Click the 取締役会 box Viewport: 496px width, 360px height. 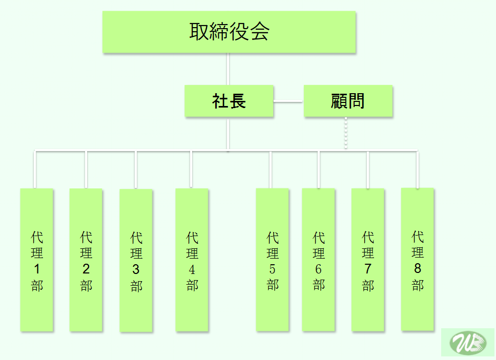[x=229, y=32]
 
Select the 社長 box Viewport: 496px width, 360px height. [x=229, y=101]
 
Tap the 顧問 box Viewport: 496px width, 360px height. [x=348, y=101]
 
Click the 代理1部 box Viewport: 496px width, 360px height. [x=37, y=260]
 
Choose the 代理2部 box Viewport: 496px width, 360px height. [x=86, y=260]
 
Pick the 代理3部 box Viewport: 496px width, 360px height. [x=136, y=260]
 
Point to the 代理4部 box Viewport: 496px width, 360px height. [x=192, y=260]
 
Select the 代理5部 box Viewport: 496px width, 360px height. [x=272, y=260]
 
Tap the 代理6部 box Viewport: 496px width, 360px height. [x=318, y=260]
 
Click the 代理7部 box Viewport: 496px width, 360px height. [x=368, y=260]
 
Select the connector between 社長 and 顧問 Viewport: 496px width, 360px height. [x=288, y=101]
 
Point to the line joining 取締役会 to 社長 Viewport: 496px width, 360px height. [x=228, y=69]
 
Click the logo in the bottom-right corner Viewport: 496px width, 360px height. [x=467, y=342]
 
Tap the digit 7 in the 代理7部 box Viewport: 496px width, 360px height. [x=368, y=269]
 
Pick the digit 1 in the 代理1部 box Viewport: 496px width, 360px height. [x=37, y=269]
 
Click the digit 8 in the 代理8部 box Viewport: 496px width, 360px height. [x=418, y=268]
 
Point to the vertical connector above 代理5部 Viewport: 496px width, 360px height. [x=271, y=170]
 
